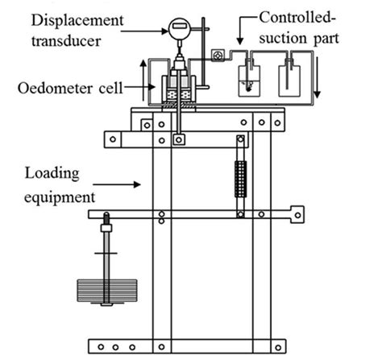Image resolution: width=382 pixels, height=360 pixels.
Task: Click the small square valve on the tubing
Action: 216,55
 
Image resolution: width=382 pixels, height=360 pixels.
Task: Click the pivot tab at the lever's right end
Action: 297,215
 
